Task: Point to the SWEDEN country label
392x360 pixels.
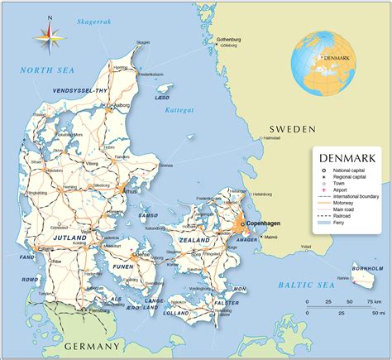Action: (x=292, y=129)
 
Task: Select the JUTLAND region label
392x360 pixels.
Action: (x=70, y=238)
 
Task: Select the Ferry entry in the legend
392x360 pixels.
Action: (x=338, y=221)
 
